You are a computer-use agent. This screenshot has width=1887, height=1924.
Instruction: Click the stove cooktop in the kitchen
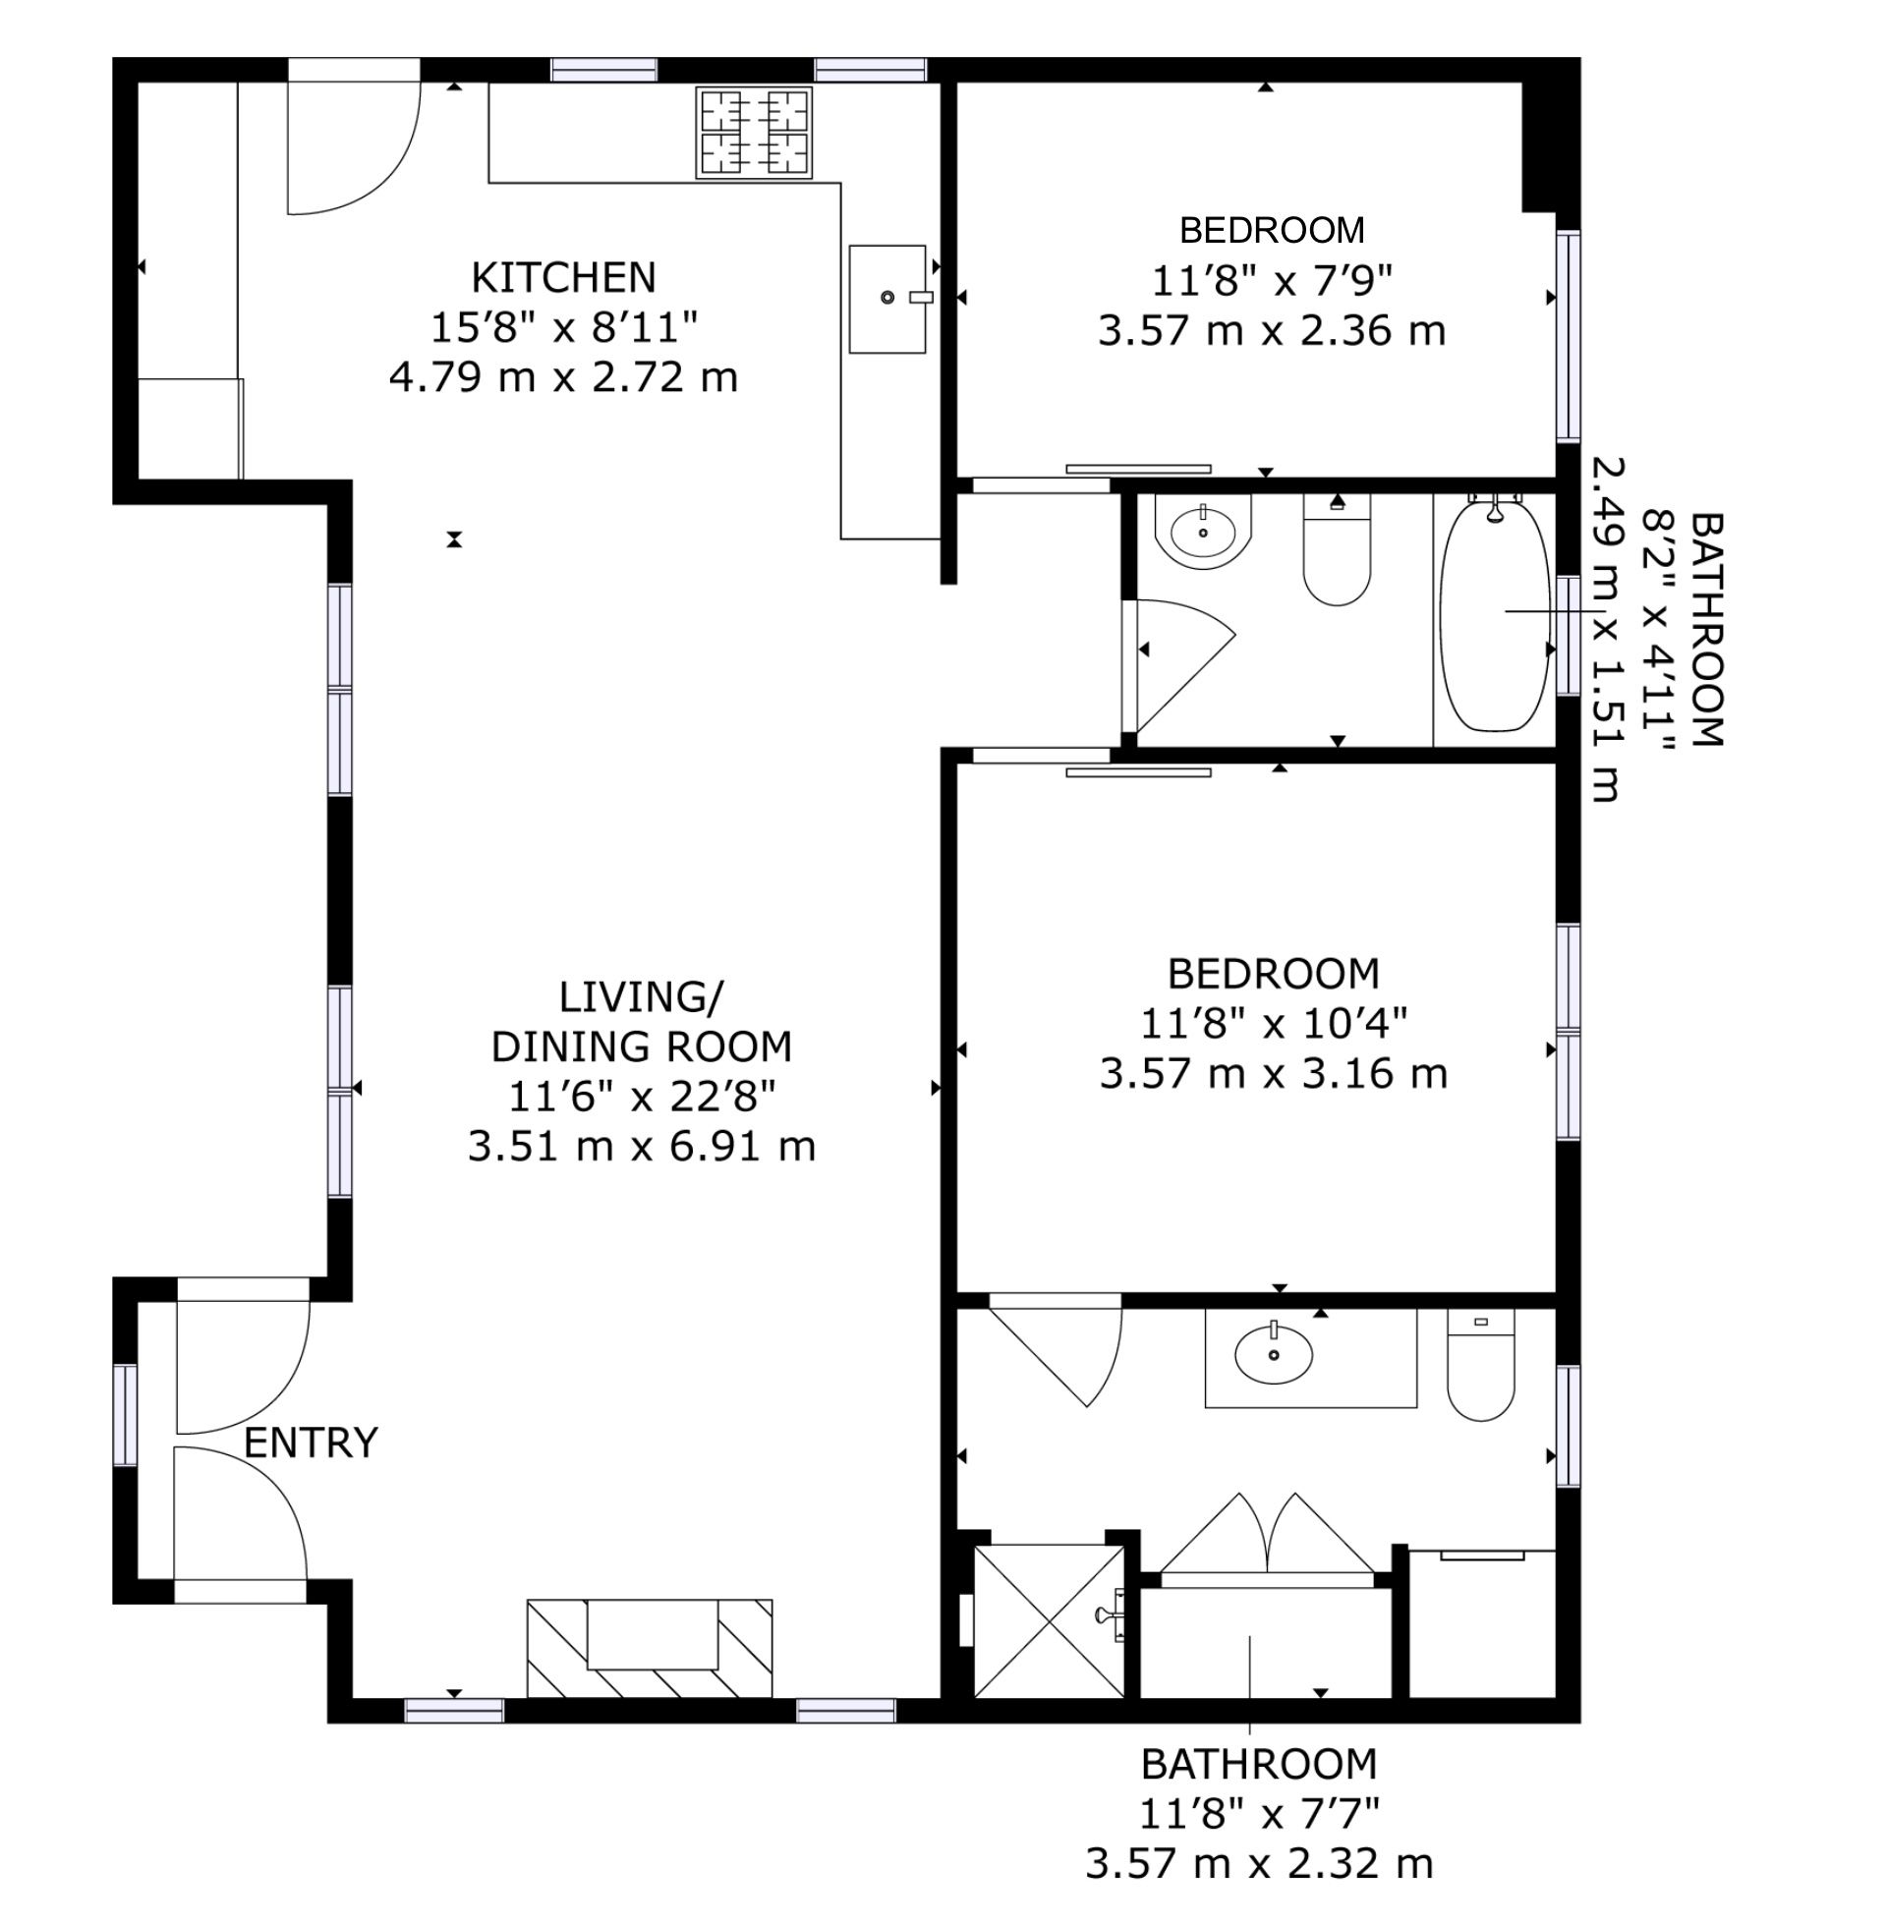[754, 133]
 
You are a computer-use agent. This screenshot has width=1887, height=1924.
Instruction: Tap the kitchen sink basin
[887, 299]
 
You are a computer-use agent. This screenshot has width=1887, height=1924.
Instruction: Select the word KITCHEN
[564, 277]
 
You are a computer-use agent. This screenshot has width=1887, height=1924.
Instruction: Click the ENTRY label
[312, 1443]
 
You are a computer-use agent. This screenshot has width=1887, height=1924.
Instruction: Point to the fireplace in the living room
[650, 1648]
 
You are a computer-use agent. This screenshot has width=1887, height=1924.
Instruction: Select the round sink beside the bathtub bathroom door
[1203, 531]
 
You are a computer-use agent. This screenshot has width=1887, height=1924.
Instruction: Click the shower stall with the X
[1050, 1620]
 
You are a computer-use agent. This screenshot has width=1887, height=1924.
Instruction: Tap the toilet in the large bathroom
[1481, 1365]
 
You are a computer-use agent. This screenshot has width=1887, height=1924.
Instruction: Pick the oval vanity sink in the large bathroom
[1274, 1353]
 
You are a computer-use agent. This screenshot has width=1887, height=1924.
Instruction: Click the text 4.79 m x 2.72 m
[564, 377]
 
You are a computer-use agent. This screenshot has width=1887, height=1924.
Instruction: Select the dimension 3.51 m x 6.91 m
[642, 1147]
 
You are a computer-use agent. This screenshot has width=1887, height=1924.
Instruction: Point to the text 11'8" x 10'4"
[1274, 1023]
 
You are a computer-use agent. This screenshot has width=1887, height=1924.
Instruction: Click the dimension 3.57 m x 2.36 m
[1273, 330]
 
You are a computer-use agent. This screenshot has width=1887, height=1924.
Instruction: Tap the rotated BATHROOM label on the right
[1706, 629]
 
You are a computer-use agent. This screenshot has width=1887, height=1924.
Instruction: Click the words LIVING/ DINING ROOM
[642, 1021]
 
